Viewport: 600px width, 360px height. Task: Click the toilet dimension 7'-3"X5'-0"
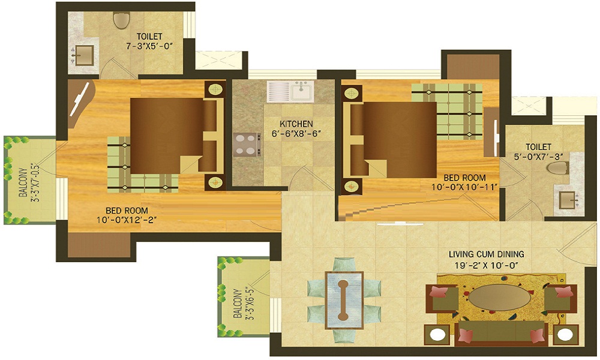[x=151, y=46]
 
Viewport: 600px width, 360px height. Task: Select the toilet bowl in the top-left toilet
[x=121, y=20]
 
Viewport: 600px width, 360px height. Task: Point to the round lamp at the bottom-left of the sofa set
[x=437, y=334]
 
